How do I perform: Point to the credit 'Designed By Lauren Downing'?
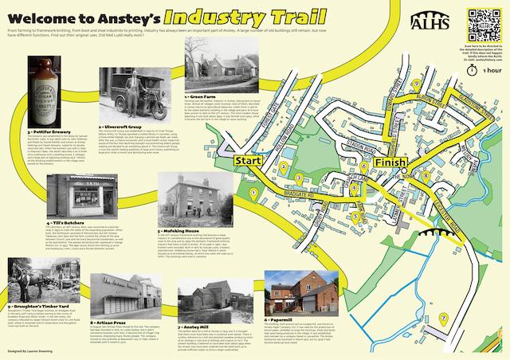tap(36, 350)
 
